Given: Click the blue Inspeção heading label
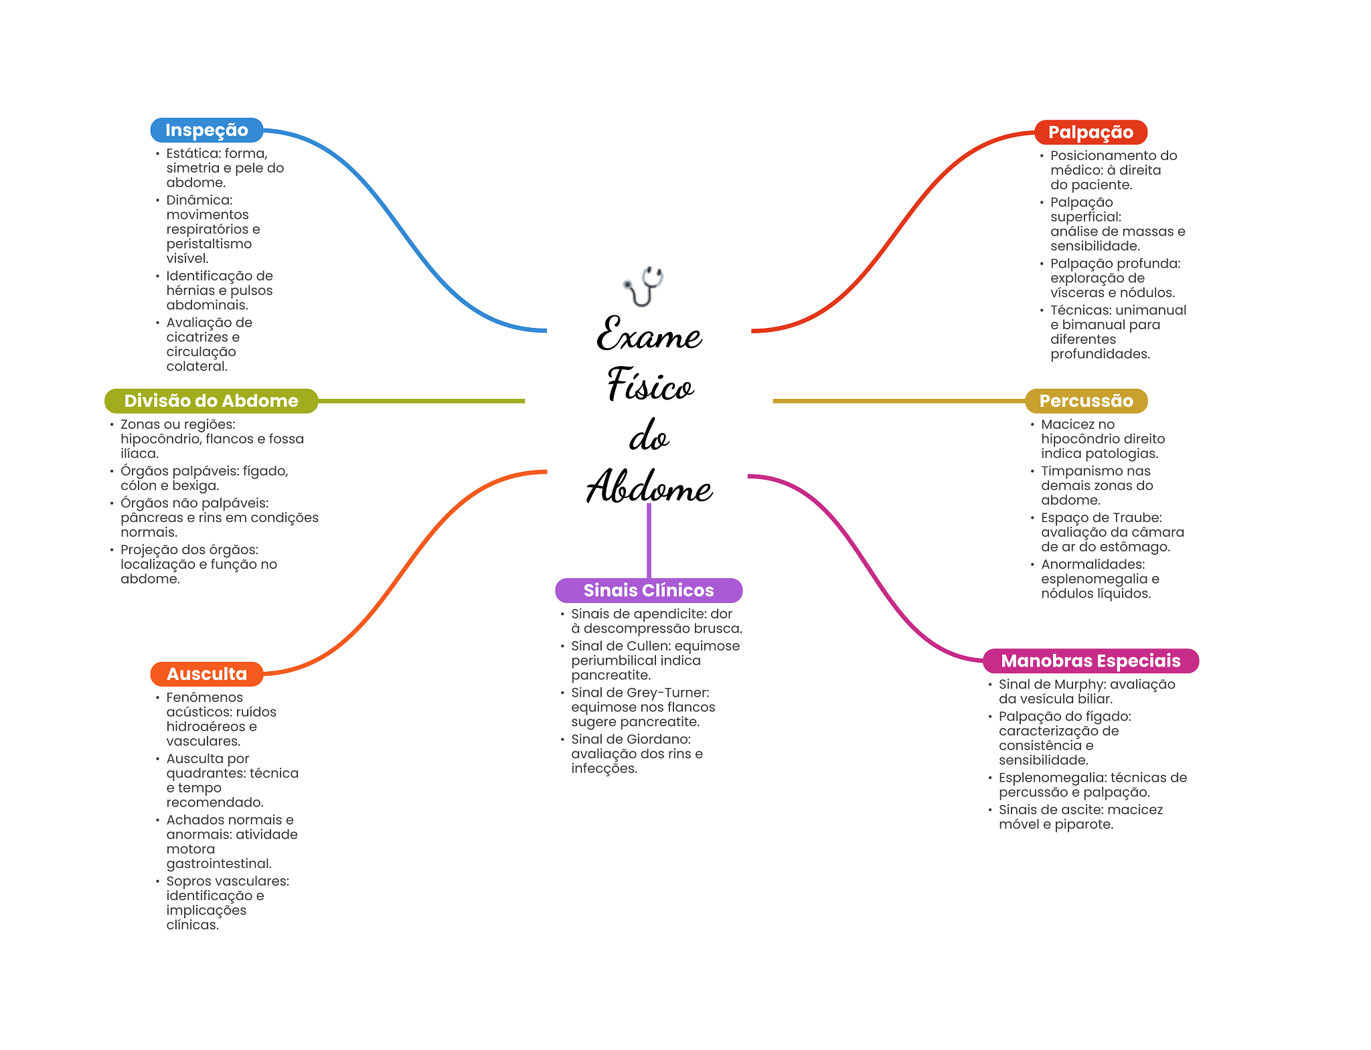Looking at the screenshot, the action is click(206, 130).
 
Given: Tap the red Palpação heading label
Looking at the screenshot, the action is click(1091, 133).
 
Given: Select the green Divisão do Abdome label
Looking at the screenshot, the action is click(211, 401).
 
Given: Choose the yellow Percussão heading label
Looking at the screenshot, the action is click(1086, 401).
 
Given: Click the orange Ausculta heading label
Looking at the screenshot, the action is click(206, 674).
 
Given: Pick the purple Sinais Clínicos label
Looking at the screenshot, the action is click(649, 590).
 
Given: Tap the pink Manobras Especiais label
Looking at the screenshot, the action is click(1091, 661).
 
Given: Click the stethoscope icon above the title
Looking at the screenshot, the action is click(643, 286).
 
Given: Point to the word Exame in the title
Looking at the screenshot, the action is click(649, 335).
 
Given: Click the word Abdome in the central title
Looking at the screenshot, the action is click(649, 487).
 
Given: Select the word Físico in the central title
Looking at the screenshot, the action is click(650, 386).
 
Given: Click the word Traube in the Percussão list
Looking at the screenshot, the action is click(1139, 518).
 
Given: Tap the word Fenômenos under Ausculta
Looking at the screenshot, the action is click(204, 697).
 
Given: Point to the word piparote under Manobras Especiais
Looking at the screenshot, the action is click(1082, 824).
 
